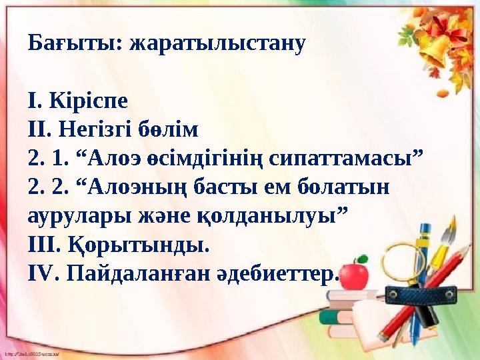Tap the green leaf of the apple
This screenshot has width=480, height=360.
pos(364,259)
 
